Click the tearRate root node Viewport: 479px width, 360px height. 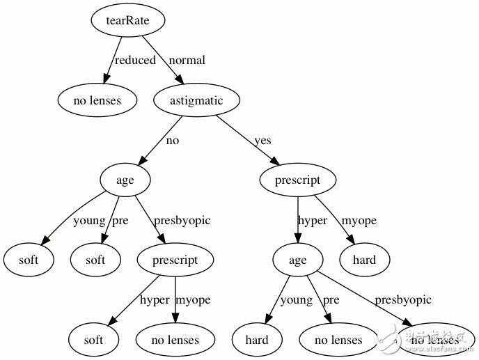[129, 20]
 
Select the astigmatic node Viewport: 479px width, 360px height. [196, 100]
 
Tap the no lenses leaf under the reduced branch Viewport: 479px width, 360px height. [97, 100]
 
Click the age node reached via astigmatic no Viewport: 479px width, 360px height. [125, 180]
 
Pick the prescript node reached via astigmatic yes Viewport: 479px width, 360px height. [297, 180]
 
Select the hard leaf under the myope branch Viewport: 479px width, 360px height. [364, 260]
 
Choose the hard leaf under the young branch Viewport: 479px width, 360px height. [257, 340]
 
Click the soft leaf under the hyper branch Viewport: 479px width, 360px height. [93, 340]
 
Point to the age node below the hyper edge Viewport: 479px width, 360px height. [297, 260]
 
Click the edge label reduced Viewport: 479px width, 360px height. [135, 61]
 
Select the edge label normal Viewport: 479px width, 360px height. [187, 61]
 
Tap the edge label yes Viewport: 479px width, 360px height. [262, 141]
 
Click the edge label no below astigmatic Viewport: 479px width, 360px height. [172, 141]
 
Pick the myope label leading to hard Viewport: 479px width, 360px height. [359, 221]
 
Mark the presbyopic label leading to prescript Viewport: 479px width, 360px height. [182, 221]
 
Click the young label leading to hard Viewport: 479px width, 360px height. [296, 300]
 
